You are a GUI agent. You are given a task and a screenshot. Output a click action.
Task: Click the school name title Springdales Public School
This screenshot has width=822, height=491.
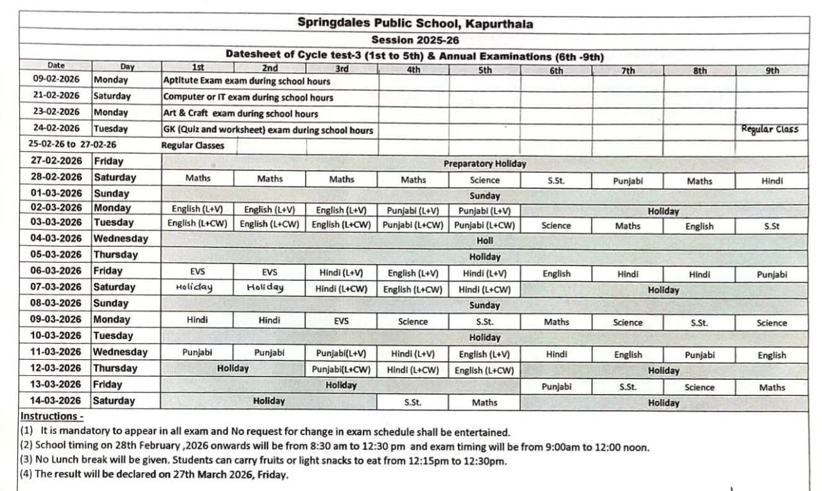(415, 24)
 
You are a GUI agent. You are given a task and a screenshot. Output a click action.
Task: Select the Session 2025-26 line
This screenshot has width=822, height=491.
(415, 40)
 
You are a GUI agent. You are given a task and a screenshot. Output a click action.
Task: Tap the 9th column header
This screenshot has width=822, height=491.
(773, 71)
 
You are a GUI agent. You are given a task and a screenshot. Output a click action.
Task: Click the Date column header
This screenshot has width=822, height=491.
(56, 65)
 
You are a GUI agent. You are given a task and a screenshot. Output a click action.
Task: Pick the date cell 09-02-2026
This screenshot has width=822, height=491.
(57, 80)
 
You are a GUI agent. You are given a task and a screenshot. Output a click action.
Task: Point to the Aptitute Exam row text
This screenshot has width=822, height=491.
(247, 81)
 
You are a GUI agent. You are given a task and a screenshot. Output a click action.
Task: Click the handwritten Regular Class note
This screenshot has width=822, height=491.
(770, 129)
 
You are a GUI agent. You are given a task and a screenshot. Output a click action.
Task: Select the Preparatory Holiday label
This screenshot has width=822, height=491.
(484, 164)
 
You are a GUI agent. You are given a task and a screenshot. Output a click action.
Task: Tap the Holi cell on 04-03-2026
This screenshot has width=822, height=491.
(485, 240)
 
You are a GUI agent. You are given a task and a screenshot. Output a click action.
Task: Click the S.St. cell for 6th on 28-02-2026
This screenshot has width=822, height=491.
(556, 181)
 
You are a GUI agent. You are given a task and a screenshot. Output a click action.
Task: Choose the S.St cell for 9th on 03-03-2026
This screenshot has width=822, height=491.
(772, 226)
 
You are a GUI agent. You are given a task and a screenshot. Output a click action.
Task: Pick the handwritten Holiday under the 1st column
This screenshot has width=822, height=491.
(194, 288)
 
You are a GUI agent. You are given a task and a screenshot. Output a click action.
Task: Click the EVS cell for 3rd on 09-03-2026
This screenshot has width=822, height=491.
(342, 320)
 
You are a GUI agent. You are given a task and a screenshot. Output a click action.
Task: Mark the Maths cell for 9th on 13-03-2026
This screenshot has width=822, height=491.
(772, 387)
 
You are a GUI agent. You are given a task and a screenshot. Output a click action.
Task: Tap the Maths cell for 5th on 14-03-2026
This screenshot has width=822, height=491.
(484, 402)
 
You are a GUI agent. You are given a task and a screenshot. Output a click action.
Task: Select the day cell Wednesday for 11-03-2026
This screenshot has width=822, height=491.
(120, 352)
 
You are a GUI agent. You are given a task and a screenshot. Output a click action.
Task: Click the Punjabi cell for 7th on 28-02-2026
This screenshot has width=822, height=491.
(627, 181)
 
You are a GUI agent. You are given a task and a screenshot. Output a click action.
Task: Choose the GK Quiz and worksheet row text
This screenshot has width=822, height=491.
(268, 130)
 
